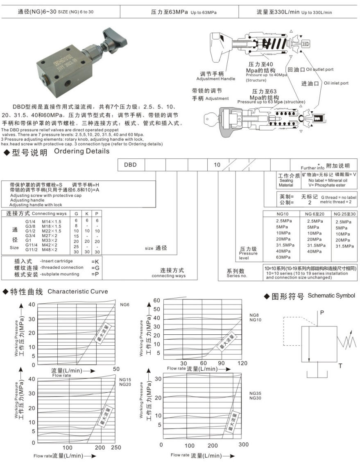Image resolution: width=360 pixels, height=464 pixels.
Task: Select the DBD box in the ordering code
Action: point(130,165)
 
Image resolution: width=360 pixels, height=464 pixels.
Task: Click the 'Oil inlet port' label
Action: point(336,83)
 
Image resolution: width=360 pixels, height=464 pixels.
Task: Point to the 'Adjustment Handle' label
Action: point(216,79)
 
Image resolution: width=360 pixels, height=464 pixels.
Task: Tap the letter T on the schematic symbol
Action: point(340,366)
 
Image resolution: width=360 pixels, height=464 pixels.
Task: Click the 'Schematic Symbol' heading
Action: point(331,295)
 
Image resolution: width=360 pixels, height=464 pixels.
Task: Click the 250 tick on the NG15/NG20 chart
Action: point(116,447)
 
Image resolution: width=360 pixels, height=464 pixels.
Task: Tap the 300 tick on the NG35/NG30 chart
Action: point(243,445)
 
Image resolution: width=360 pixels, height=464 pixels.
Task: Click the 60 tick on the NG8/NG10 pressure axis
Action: point(156,300)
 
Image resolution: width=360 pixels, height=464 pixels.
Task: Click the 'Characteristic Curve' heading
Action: point(78,291)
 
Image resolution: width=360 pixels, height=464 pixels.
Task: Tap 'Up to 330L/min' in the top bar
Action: point(317,12)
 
